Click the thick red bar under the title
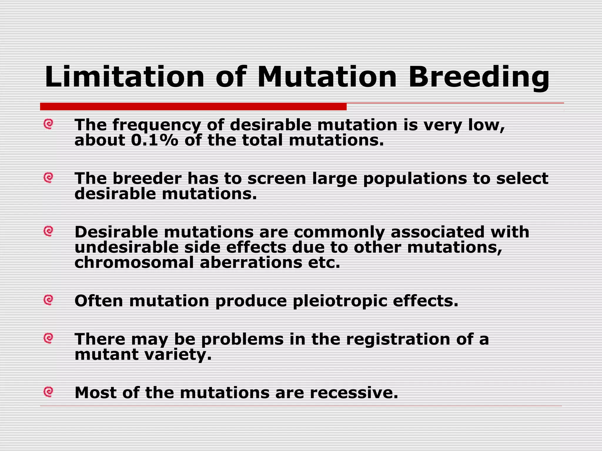193,107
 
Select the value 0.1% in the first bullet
154,140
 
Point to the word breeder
147,179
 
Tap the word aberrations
251,262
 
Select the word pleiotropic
340,301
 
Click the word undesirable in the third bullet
126,247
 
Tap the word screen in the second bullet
277,179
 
